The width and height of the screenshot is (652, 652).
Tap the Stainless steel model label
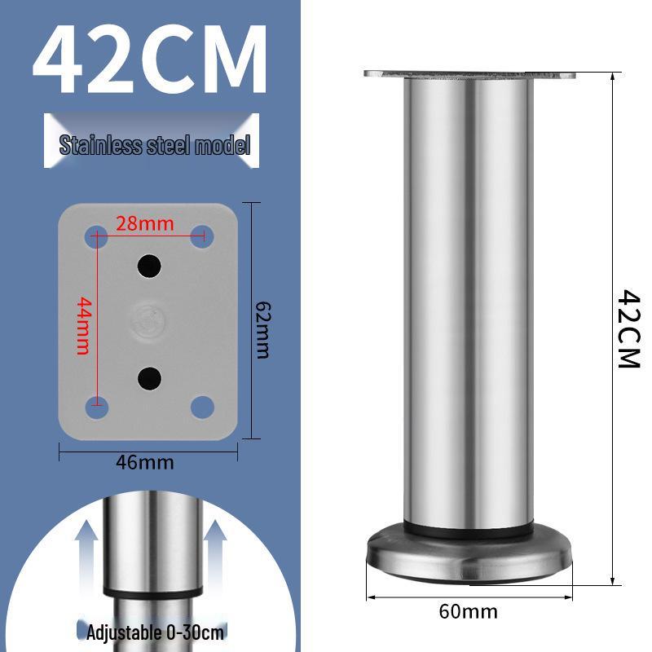click(x=155, y=146)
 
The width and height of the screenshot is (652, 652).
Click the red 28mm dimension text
click(x=144, y=222)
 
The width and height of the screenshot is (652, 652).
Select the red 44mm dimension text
click(x=82, y=326)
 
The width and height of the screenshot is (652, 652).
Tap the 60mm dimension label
click(x=468, y=611)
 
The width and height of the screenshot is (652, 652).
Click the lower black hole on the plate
click(x=148, y=376)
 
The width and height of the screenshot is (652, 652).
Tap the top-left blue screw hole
click(x=96, y=237)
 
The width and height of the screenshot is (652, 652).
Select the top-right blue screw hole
click(x=202, y=237)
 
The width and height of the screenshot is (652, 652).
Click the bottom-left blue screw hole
click(x=96, y=405)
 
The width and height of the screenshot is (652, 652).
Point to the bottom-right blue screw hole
click(x=202, y=405)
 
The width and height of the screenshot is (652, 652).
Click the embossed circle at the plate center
click(x=148, y=320)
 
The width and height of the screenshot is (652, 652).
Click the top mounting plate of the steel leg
click(x=469, y=76)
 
